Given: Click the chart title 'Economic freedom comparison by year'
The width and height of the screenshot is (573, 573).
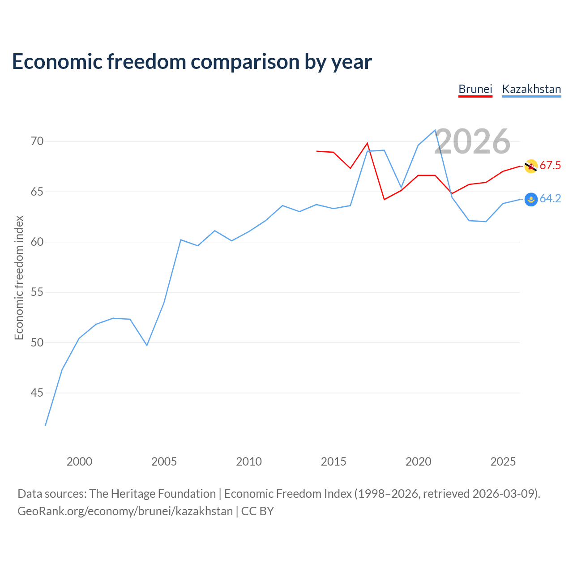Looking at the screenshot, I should pos(192,62).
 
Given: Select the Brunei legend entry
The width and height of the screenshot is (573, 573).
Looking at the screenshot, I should pos(475,89).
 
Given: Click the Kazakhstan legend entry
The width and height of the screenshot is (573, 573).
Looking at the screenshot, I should pos(531,89).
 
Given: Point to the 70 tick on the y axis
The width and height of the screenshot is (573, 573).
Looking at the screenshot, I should pos(37,141).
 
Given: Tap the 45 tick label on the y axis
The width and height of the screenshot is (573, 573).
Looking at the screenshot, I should pos(37,393).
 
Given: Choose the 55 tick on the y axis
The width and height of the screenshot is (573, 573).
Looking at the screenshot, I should pos(37,292).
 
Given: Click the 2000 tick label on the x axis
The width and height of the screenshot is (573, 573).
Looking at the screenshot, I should pos(79,462).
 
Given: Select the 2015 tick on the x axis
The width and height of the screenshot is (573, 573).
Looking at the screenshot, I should pos(334,462).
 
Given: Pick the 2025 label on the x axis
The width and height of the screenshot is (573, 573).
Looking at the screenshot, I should pos(503,462).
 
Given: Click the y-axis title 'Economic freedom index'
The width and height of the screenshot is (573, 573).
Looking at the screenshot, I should pos(19,278).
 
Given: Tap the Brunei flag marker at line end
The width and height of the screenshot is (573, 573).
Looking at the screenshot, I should pos(531,166).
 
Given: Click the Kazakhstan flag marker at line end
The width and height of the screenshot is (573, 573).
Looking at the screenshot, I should pos(531,199).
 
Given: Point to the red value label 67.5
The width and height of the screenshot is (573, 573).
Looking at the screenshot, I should pos(550,166).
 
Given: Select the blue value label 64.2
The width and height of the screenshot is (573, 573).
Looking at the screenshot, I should pos(550,199).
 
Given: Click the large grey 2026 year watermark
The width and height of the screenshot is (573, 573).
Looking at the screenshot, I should pos(472,141).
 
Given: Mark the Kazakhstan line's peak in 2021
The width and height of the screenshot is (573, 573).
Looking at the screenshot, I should pos(435,130).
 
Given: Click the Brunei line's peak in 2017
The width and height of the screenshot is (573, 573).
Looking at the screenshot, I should pos(368,143).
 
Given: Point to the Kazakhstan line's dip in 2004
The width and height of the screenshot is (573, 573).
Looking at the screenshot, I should pos(147,345).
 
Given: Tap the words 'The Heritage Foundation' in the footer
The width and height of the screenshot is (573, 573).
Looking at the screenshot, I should pos(152,494).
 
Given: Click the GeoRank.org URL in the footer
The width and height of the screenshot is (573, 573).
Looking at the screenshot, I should pos(125,511).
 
